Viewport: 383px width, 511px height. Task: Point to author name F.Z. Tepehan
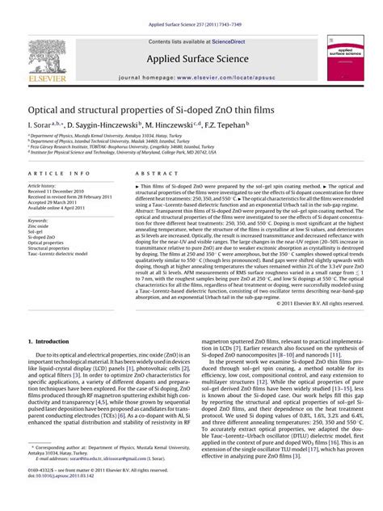[x=229, y=125]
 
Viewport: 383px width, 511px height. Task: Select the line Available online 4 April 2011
[x=60, y=208]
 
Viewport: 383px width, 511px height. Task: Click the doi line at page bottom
[x=57, y=499]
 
